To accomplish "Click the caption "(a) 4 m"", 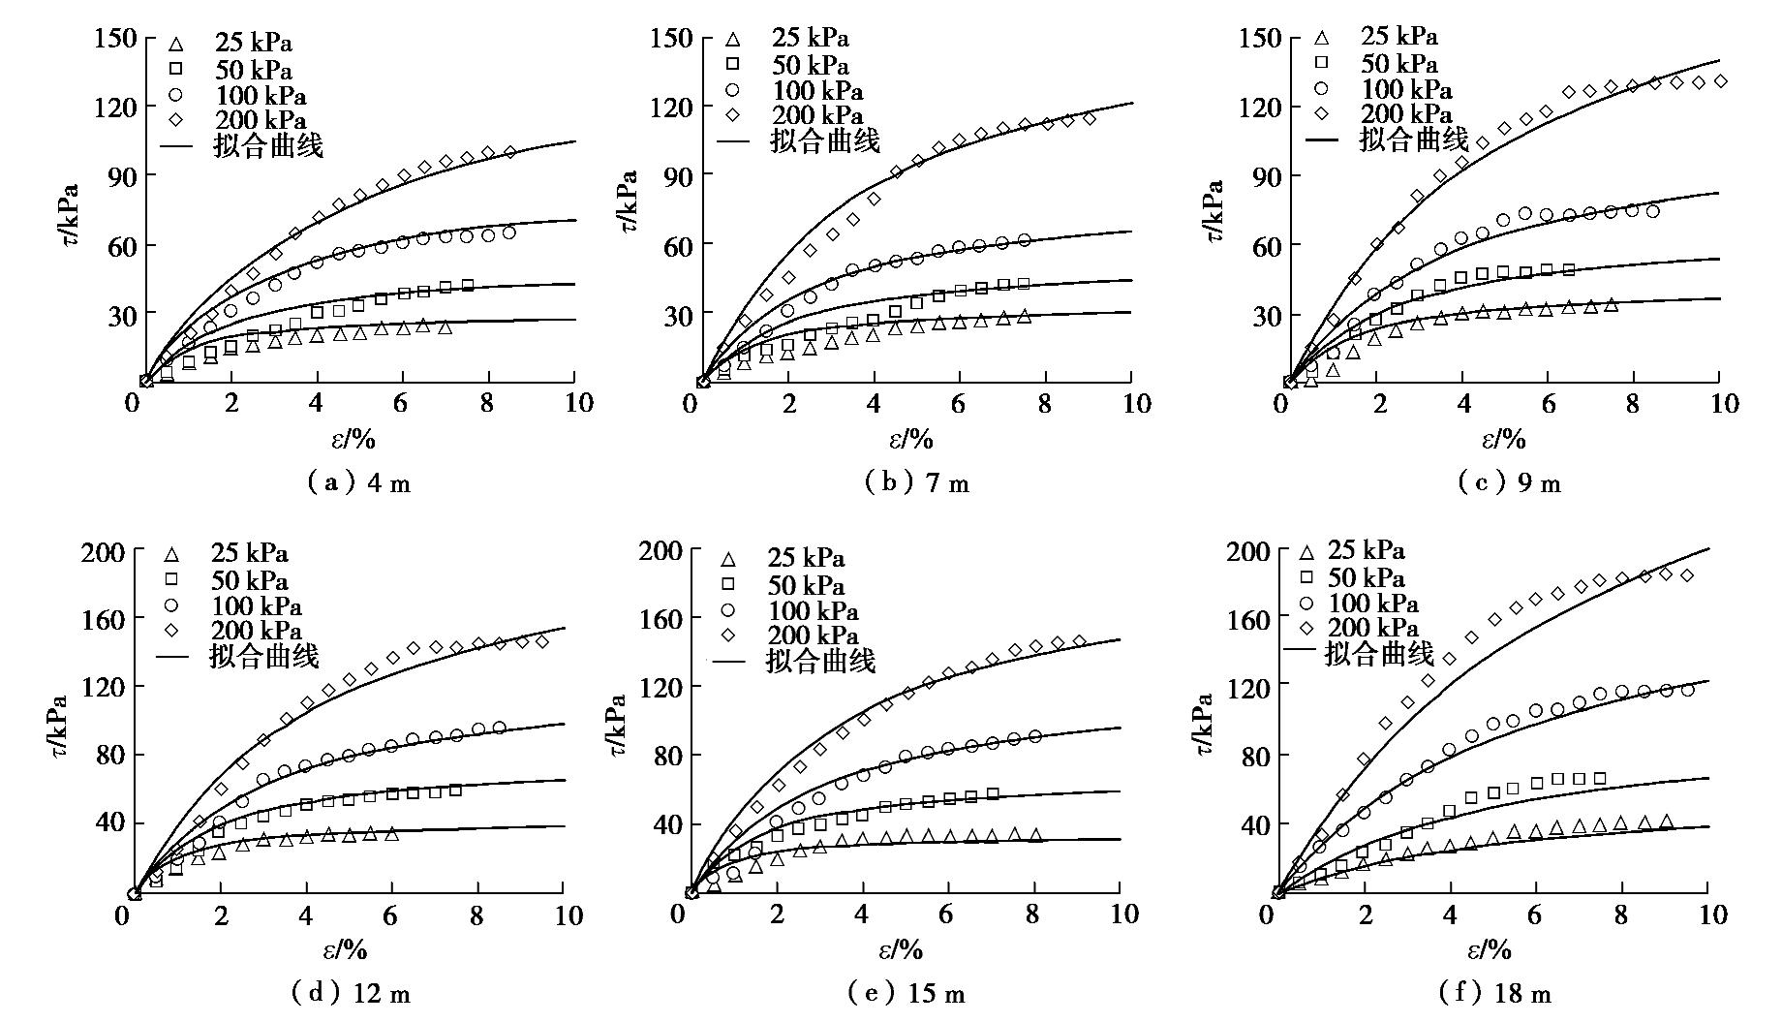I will click(359, 482).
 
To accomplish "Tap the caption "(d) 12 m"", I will click(351, 993).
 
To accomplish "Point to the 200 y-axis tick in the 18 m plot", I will click(1247, 551).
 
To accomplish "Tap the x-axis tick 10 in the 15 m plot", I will click(1121, 914).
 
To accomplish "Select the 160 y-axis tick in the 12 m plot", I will click(104, 618).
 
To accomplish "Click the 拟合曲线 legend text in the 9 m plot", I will click(1414, 139).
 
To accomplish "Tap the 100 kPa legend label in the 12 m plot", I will click(257, 606).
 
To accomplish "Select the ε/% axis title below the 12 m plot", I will click(345, 949).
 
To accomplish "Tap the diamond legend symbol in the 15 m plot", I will click(728, 635).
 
